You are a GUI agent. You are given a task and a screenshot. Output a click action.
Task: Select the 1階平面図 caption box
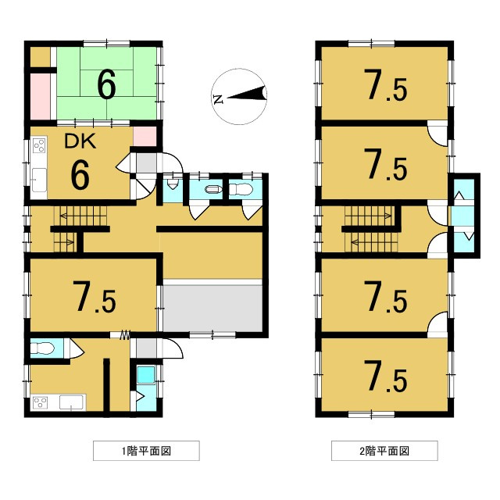coord(146,451)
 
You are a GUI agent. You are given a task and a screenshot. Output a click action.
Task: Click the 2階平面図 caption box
coord(384,451)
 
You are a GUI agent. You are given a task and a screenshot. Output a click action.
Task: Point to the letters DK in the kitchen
coord(79,142)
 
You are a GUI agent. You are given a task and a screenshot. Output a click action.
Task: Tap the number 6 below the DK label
coord(79,175)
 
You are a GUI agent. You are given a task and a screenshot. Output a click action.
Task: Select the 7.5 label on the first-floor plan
coord(95,297)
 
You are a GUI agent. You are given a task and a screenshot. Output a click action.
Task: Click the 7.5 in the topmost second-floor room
coord(385,86)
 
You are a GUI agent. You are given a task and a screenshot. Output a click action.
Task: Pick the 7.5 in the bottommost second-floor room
coord(385,378)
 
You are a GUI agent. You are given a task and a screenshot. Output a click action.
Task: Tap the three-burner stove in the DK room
coord(38,147)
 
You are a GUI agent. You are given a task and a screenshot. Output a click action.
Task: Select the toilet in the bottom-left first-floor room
coord(45,348)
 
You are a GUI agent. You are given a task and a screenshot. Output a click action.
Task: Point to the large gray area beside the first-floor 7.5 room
coord(211,308)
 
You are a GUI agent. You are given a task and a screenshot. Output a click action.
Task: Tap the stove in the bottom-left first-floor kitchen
coord(41,403)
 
